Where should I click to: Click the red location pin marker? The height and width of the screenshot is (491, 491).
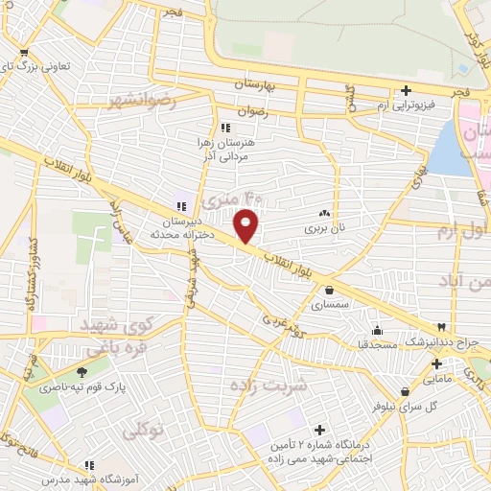pos(247,224)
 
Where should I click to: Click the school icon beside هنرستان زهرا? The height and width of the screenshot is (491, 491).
pos(225,127)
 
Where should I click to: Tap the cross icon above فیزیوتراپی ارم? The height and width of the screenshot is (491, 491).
pos(407,90)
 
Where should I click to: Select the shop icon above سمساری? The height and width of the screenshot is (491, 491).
pos(329,290)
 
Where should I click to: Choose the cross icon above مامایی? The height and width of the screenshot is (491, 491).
pos(436,364)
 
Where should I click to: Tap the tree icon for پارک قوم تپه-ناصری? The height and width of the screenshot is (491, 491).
pos(82,373)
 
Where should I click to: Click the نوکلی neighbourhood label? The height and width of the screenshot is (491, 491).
pos(144,433)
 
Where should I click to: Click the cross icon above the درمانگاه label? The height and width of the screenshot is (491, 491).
pos(319,431)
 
